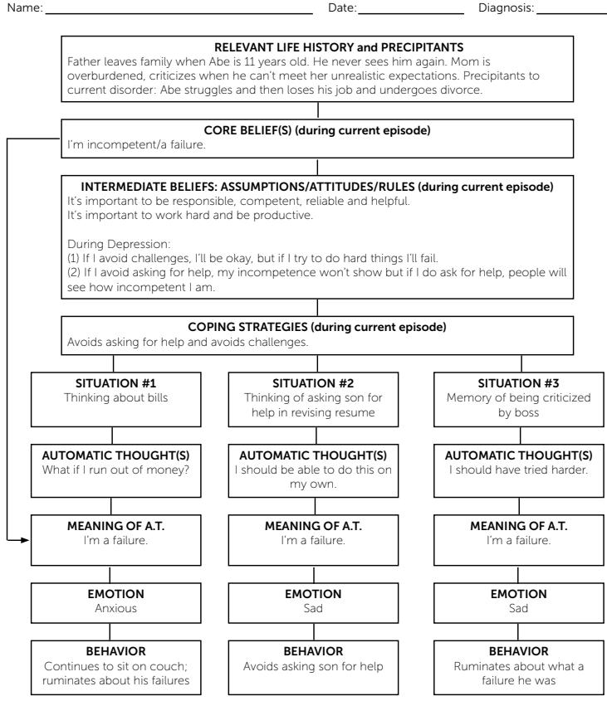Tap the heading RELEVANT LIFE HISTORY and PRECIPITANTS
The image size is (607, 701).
(317, 48)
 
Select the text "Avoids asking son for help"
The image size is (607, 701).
(313, 666)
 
